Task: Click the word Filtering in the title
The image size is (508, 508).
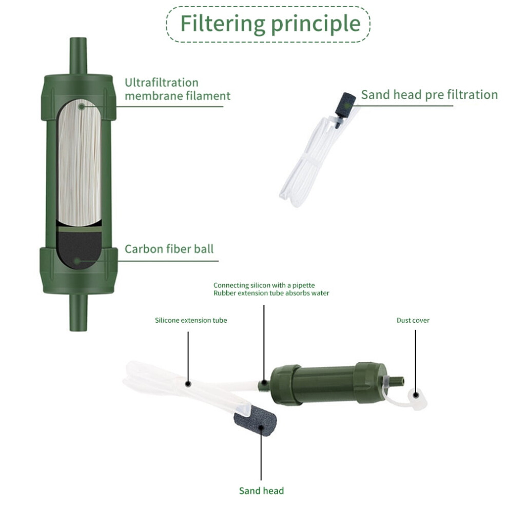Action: (223, 23)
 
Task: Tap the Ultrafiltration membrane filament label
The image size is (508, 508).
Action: (178, 89)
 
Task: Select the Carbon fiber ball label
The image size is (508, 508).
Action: (169, 249)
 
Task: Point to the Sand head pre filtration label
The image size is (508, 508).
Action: (429, 94)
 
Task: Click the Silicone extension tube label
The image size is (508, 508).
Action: (191, 320)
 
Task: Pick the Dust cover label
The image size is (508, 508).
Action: (413, 320)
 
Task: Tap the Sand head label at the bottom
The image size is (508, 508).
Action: (262, 491)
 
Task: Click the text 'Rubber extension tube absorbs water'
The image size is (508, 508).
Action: (271, 293)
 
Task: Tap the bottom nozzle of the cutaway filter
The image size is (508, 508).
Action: (79, 312)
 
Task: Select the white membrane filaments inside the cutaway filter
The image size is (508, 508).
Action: (80, 162)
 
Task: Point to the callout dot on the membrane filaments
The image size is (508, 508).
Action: (82, 106)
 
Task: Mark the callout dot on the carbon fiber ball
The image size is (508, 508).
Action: (77, 261)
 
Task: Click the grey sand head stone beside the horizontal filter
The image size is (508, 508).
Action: (256, 421)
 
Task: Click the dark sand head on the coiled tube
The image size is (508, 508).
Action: (346, 105)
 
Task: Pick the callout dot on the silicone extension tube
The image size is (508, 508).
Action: (188, 384)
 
